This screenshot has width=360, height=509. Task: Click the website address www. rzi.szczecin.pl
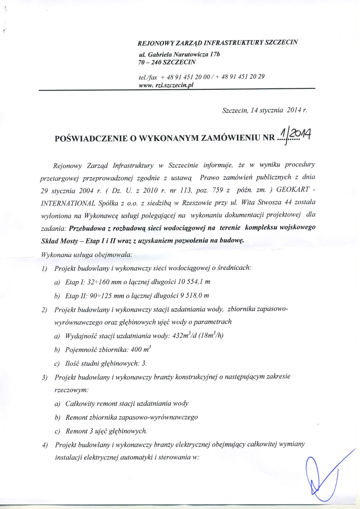click(166, 85)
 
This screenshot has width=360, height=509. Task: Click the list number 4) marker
click(44, 445)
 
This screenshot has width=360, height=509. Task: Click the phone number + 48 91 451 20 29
click(239, 77)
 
